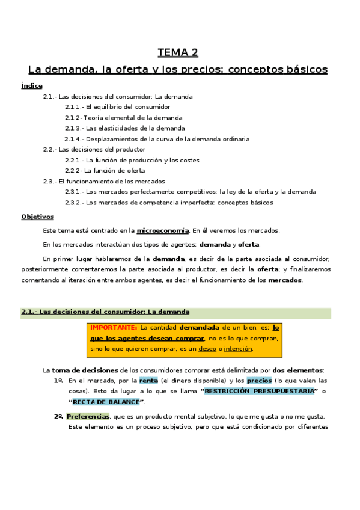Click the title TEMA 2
coord(178,52)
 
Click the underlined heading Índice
coord(31,86)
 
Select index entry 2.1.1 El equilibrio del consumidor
coord(118,107)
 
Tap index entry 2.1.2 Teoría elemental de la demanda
coord(123,118)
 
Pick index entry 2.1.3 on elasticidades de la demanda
coord(124,128)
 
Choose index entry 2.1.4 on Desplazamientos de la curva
coord(157,139)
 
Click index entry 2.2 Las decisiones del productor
coord(94,149)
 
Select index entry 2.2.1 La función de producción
coord(132,160)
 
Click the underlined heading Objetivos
coord(37,217)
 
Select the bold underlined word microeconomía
coord(163,230)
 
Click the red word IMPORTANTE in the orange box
coord(113,328)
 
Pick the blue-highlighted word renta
coord(148,381)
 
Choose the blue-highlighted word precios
coord(259,381)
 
